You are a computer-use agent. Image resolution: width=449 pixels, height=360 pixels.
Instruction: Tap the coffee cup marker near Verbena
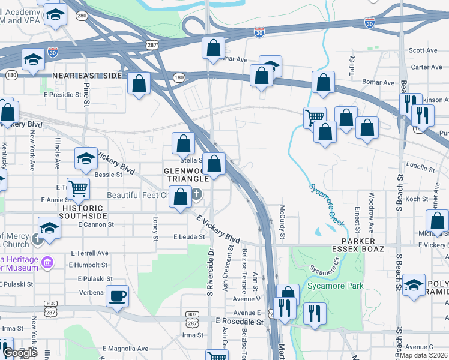(x=117, y=296)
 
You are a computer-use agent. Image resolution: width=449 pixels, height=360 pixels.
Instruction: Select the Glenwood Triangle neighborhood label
(x=185, y=174)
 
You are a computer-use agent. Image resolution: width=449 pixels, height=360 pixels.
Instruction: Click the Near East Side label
(x=88, y=76)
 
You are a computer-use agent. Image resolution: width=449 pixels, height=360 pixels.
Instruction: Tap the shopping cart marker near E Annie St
(x=78, y=189)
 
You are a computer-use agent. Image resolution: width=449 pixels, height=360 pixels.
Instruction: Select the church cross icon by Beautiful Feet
(x=196, y=194)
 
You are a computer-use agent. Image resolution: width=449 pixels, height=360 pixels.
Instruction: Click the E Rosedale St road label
(x=240, y=322)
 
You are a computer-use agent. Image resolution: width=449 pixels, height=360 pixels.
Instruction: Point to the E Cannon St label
(x=96, y=225)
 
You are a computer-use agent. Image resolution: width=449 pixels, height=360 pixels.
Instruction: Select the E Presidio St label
(x=62, y=95)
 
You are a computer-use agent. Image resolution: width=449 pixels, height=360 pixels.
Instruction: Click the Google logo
(x=20, y=353)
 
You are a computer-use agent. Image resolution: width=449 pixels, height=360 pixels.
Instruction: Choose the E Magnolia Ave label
(x=125, y=349)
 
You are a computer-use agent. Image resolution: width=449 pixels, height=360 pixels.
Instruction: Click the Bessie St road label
(x=109, y=175)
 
